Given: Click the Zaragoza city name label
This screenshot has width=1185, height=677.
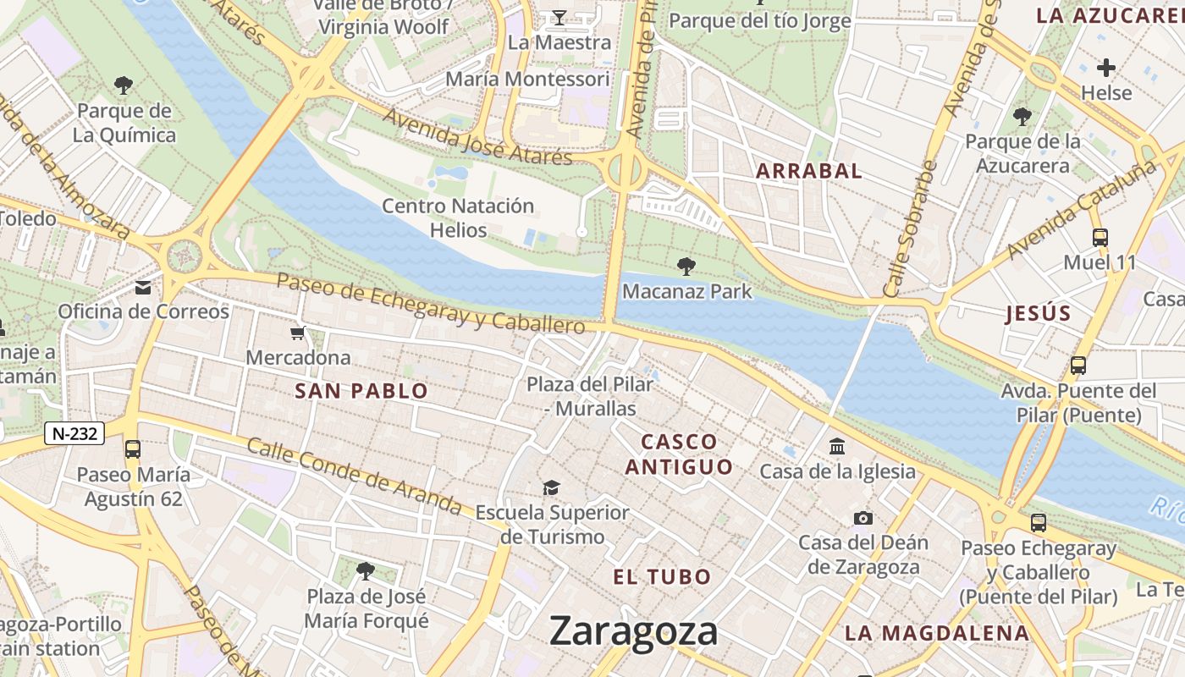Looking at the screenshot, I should [x=633, y=631].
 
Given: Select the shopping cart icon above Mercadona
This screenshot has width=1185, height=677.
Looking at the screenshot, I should [x=297, y=333].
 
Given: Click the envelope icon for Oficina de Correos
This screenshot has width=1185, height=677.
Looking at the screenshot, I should [x=143, y=288].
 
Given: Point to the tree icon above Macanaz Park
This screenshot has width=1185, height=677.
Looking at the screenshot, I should [x=686, y=267].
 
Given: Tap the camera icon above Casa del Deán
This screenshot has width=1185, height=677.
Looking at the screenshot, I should [x=863, y=518].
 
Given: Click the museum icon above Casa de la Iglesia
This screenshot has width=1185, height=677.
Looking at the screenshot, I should [x=837, y=446].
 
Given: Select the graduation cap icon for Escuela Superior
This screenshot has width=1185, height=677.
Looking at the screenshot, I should [x=552, y=487].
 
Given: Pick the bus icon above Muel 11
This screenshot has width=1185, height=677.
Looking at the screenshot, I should [x=1100, y=238].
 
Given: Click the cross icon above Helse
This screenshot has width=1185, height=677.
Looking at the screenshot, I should [x=1106, y=68].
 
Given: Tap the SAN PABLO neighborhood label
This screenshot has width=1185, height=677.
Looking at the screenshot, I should [x=361, y=391].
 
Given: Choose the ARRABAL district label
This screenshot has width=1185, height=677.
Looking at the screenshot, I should [x=808, y=171].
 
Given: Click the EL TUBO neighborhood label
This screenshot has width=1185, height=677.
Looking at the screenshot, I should [x=662, y=577].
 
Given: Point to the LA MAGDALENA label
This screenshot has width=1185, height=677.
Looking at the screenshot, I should [x=937, y=633].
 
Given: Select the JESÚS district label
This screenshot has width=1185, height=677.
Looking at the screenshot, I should [x=1039, y=314].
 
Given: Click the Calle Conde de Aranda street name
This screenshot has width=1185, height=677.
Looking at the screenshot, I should [x=355, y=477].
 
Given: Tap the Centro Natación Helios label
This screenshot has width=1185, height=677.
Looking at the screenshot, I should [x=458, y=217].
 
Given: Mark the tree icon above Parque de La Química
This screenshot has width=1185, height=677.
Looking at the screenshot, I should [x=124, y=85].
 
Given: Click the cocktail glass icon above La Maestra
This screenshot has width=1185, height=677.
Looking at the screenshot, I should [x=559, y=17].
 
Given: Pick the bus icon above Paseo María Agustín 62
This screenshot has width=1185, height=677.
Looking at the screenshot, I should [x=133, y=449].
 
